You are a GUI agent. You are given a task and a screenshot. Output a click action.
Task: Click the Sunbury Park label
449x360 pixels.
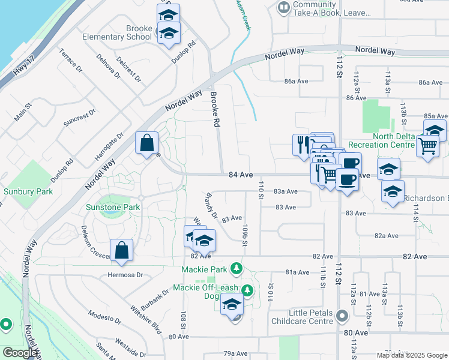28,191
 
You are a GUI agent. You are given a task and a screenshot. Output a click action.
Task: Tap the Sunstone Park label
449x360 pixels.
119,207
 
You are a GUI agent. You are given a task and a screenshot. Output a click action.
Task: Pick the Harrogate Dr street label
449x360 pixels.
108,148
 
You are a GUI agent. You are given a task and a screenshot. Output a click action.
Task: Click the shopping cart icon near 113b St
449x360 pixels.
427,145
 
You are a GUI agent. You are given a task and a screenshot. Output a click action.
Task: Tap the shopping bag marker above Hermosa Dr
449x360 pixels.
121,252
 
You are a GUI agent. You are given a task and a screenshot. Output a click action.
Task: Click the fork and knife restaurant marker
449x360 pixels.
301,145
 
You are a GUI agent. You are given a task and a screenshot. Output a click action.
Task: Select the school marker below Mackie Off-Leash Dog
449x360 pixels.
232,305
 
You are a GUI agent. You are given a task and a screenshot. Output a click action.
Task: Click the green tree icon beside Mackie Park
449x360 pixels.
237,268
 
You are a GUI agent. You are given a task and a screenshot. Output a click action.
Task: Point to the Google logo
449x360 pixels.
20,353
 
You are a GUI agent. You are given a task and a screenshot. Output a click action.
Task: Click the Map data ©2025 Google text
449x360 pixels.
411,355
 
